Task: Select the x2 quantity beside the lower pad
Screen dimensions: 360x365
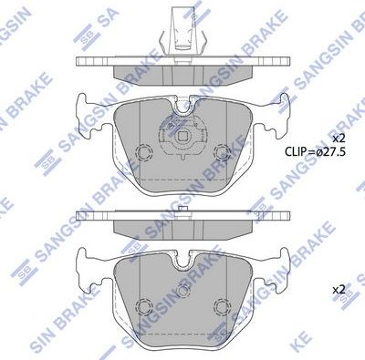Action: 339,289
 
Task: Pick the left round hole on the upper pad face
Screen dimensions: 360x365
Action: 143,150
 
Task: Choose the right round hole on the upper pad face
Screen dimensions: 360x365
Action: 222,151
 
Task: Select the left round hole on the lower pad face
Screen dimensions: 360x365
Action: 143,305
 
